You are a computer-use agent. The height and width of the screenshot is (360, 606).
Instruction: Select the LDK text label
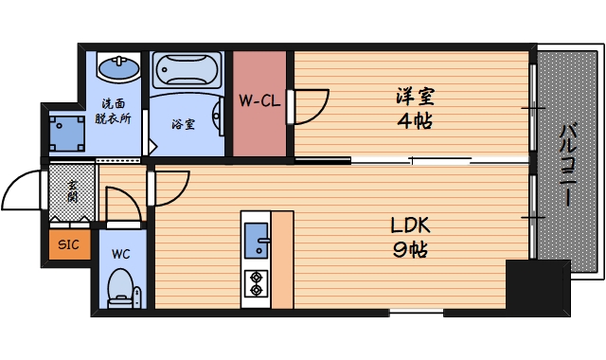pos(410,227)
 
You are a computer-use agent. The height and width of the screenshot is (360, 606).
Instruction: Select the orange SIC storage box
pos(69,245)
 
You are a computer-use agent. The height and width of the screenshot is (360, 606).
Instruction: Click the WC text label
pos(120,254)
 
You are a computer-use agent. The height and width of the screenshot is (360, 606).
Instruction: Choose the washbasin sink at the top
pos(119,68)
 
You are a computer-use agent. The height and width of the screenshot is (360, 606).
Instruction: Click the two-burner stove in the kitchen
pos(256,281)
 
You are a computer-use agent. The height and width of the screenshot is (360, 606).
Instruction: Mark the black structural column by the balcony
pos(537,285)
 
